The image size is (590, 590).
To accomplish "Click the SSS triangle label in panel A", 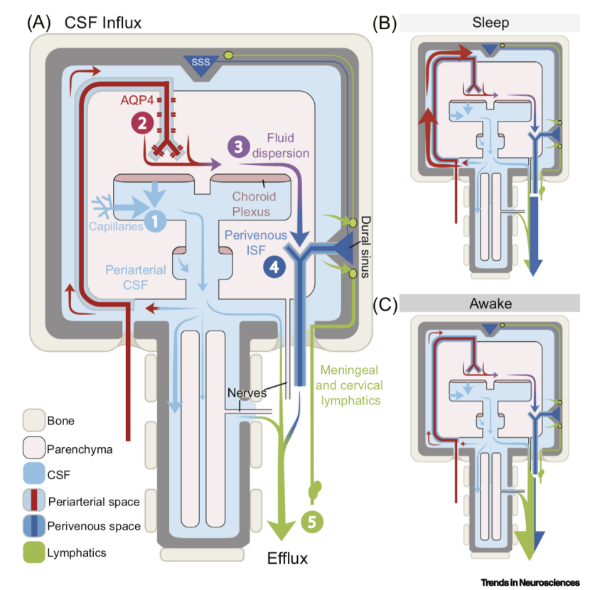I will pos(201,63).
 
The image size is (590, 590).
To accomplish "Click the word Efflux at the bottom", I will pos(287,557).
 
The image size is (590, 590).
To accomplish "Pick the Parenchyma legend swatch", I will pos(34,449).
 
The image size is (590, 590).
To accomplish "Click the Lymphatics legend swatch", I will pos(34,551).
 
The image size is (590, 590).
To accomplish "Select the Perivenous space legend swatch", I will pos(34,527).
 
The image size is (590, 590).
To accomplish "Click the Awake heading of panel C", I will pos(490,304).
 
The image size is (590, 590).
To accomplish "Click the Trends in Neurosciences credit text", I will pos(530,582).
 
